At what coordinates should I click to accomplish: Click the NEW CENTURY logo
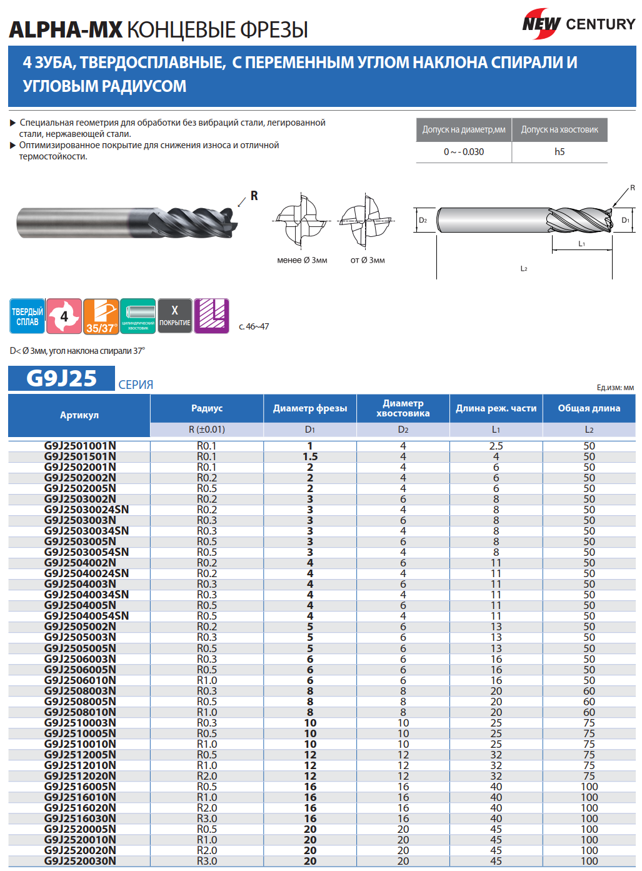point(579,24)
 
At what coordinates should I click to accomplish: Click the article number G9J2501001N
point(80,446)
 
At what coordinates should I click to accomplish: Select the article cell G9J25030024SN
point(86,510)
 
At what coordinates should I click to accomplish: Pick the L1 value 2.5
point(496,446)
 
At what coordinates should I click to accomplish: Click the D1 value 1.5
point(310,456)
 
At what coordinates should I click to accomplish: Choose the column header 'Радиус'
point(207,408)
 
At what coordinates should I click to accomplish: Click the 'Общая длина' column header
point(589,408)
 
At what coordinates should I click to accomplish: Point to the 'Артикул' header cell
point(79,415)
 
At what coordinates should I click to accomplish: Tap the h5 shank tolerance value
point(559,152)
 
